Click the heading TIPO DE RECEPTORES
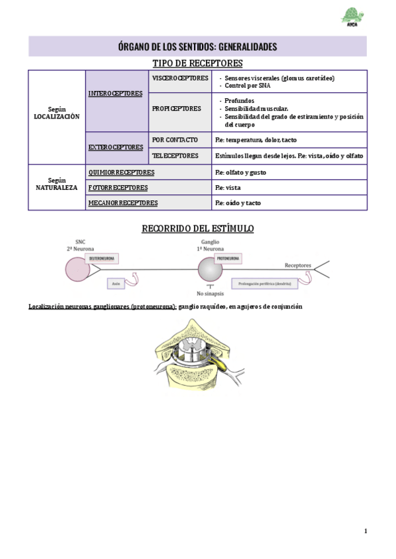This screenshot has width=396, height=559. point(197,63)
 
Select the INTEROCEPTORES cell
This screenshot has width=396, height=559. point(115,94)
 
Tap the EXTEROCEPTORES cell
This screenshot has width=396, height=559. point(115,147)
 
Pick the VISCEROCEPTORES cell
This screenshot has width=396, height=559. point(180,78)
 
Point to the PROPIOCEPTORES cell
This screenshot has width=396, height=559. point(176,109)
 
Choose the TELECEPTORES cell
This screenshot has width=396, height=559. point(175,156)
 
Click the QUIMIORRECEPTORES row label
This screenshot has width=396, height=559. point(121,172)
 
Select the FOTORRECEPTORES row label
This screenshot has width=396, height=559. point(118,187)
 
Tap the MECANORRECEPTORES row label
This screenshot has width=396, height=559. point(123,203)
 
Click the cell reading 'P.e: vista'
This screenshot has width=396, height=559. point(228,187)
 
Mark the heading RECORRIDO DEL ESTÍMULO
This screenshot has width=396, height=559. point(197,229)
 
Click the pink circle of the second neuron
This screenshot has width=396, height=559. point(77,268)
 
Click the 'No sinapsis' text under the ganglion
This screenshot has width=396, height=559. point(210,294)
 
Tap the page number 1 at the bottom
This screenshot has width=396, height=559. point(365,531)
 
